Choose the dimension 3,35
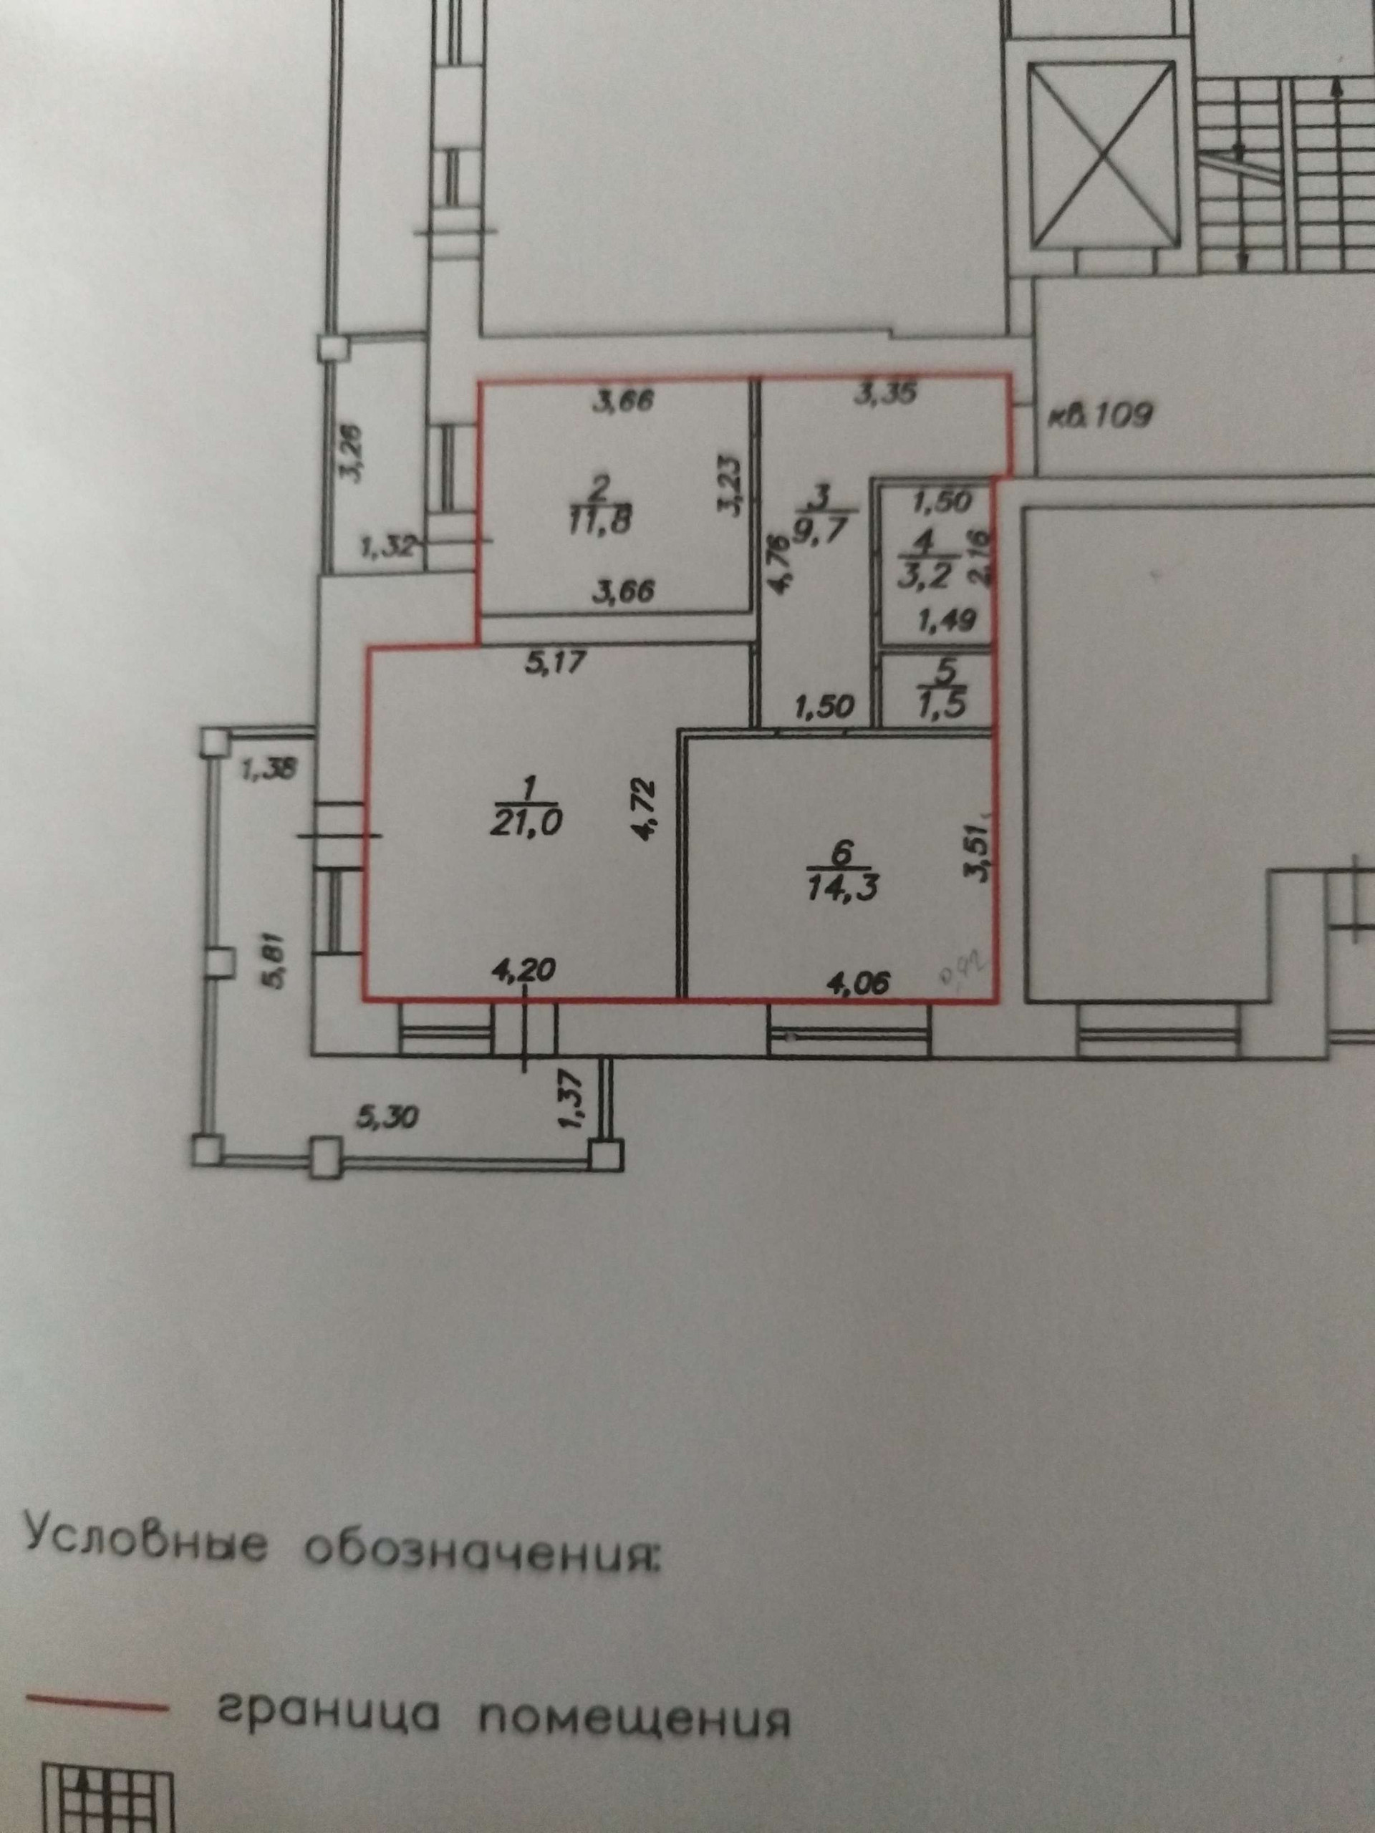click(x=885, y=395)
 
